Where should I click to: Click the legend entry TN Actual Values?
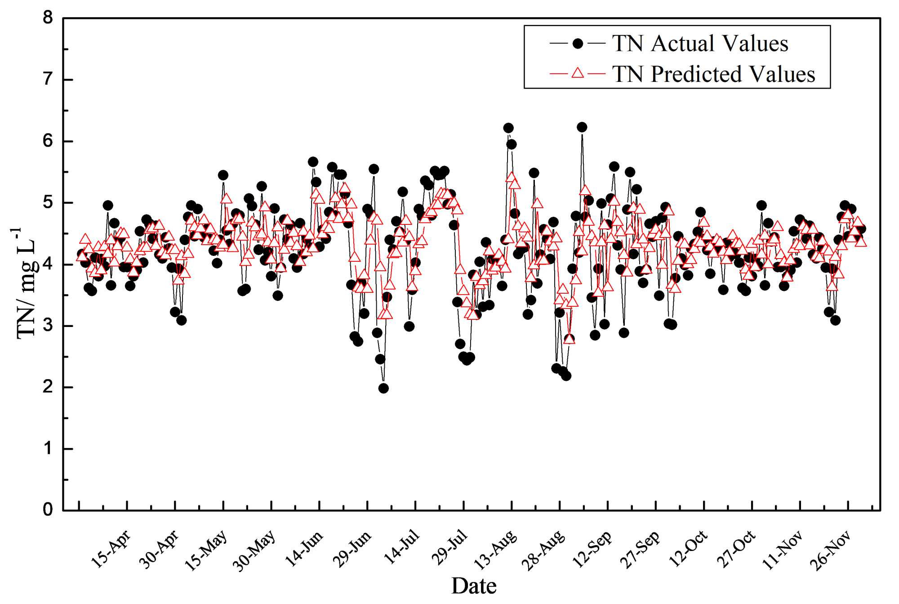700,44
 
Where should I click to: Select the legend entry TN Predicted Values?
713,74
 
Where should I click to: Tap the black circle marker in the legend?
578,44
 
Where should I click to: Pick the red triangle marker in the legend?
578,73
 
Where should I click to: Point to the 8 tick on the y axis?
48,18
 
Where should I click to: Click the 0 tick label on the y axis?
48,510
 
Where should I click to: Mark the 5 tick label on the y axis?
48,202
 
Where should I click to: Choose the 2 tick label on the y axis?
48,387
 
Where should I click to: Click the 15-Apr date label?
111,549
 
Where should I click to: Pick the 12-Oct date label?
688,549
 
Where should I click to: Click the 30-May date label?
254,550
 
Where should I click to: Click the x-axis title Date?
474,586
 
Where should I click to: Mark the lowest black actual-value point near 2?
383,388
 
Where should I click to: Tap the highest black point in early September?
582,127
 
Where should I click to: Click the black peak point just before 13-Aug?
508,128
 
